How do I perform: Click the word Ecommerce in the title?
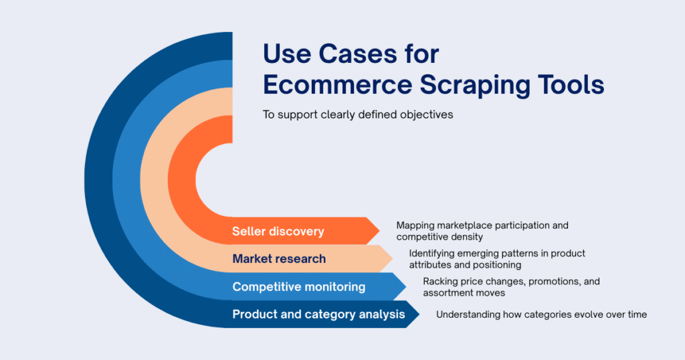tap(322, 85)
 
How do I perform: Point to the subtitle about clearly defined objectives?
tap(357, 114)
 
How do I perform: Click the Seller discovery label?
tap(278, 232)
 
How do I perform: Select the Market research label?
tap(279, 258)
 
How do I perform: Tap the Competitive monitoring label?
tap(298, 286)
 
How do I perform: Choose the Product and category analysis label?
tap(318, 314)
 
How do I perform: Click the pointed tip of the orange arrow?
tap(378, 231)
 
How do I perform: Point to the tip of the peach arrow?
tap(392, 258)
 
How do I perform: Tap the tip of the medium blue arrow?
tap(405, 286)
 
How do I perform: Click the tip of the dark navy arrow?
tap(419, 314)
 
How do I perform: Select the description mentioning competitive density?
tap(482, 231)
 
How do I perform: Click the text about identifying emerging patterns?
tap(496, 259)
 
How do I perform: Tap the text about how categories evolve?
tap(541, 314)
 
